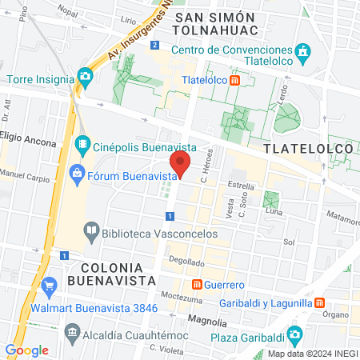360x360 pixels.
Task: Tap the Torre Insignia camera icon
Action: pos(85,77)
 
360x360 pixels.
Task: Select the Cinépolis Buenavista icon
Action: pos(82,145)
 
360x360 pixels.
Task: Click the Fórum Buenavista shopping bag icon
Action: pos(77,171)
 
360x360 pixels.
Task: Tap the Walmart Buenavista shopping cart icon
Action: pos(50,286)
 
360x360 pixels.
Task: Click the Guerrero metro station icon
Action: pos(197,284)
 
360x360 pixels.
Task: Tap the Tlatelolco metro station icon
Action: pos(234,80)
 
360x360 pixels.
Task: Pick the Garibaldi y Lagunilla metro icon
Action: pos(319,303)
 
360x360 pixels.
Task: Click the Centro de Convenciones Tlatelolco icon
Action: pos(303,53)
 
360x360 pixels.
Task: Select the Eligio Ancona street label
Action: pos(29,143)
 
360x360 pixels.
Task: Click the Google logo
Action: pos(27,350)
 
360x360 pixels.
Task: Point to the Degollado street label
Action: pos(186,261)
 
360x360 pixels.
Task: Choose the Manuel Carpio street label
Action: pos(19,173)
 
